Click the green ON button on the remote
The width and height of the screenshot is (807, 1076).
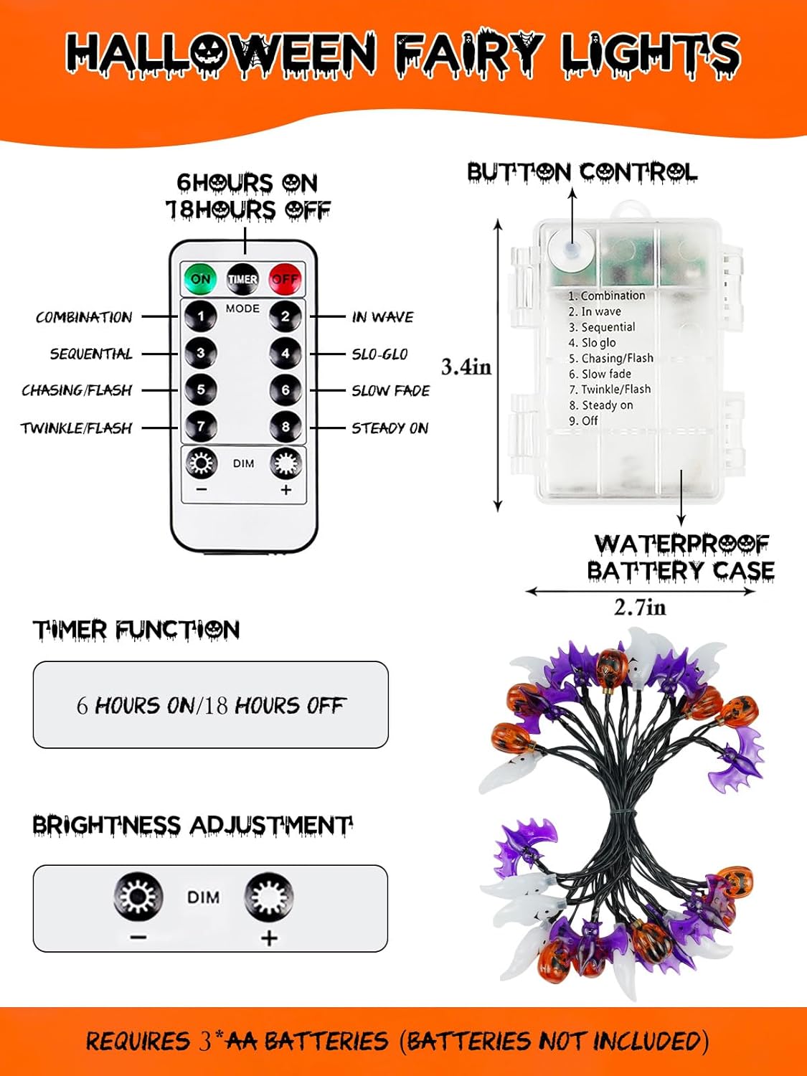[201, 279]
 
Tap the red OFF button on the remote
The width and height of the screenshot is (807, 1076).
[285, 279]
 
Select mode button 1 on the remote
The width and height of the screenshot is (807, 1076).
[201, 316]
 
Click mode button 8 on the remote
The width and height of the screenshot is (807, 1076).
[285, 427]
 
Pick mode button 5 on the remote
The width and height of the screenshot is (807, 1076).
[201, 390]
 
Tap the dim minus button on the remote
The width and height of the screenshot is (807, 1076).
[201, 465]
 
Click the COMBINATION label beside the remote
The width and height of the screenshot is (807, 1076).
[84, 317]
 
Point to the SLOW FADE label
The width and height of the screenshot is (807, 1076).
[390, 391]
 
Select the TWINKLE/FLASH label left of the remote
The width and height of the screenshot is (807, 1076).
[76, 428]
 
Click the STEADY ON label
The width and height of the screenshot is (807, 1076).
[390, 428]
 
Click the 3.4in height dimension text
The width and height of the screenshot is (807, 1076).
[466, 367]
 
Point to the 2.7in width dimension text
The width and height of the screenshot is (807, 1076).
[640, 608]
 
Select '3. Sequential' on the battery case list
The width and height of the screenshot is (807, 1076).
[602, 327]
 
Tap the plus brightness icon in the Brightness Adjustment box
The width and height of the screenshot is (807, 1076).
[269, 897]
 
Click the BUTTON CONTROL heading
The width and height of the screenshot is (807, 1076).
[582, 173]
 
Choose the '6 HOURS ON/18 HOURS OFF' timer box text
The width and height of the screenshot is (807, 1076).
[210, 705]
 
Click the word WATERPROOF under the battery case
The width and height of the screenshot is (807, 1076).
[681, 544]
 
